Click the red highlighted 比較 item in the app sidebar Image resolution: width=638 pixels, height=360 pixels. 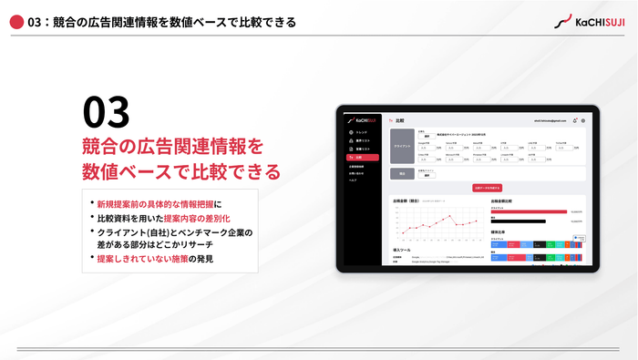coord(359,158)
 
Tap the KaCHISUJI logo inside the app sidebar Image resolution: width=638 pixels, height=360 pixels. coord(361,120)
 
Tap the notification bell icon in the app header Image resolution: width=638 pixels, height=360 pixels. coord(573,120)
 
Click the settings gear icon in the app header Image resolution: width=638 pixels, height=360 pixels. coord(582,120)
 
